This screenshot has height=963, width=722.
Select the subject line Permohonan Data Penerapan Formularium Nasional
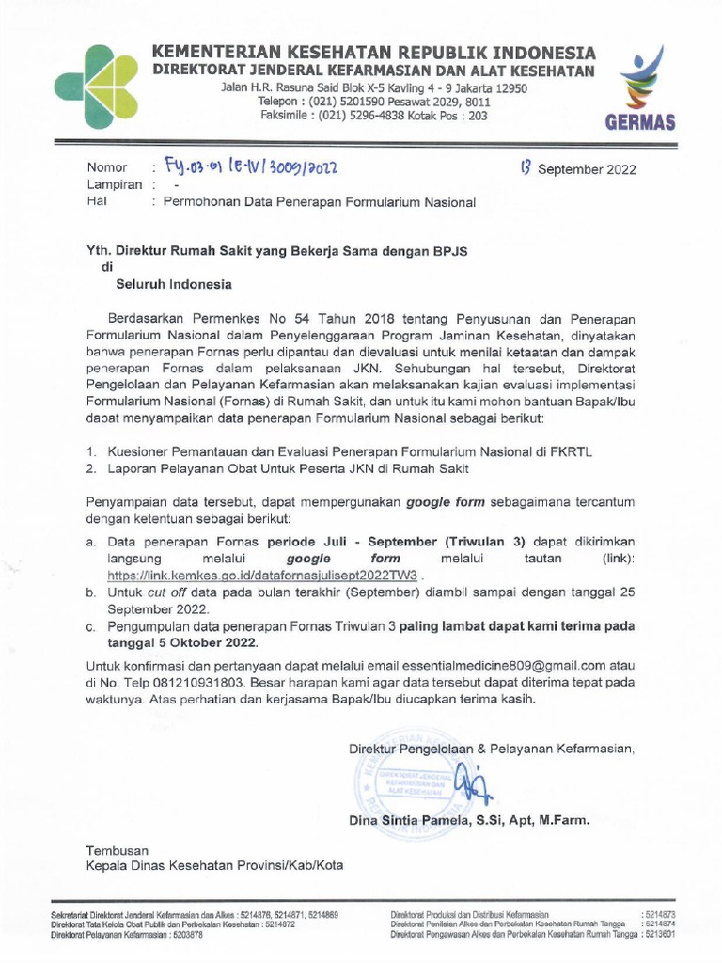320,202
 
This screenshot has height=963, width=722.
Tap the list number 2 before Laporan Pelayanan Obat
91,467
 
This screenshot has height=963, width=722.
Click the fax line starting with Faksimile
373,116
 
